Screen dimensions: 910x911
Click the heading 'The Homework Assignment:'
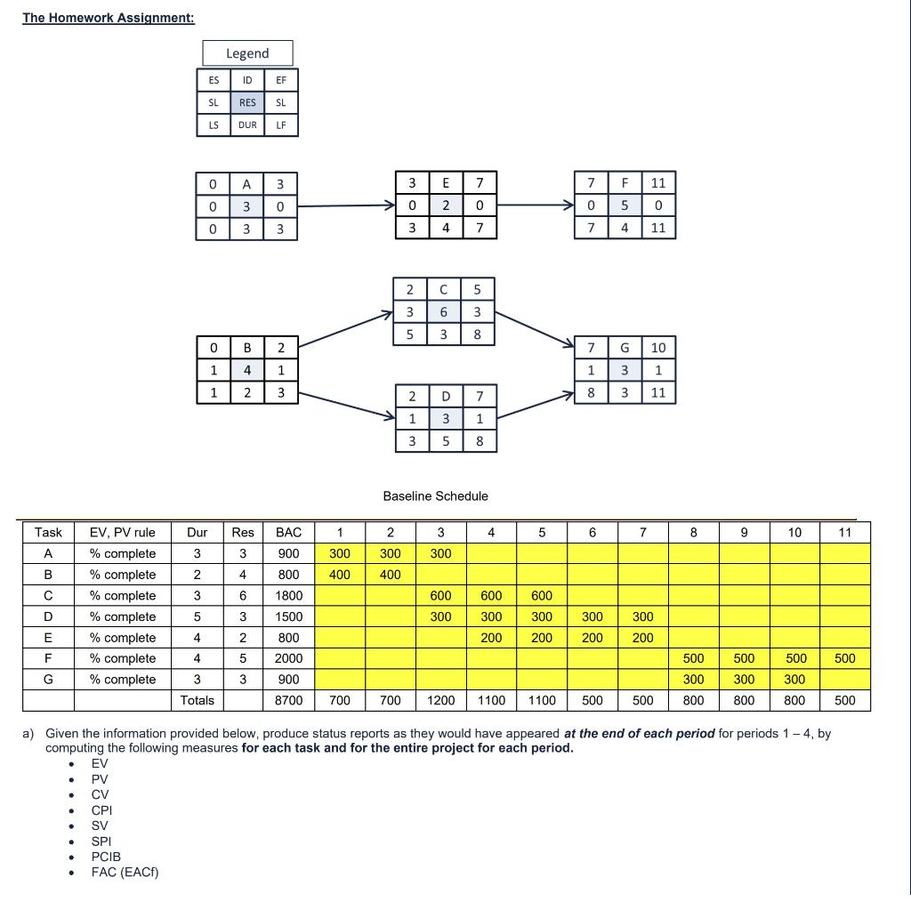point(109,18)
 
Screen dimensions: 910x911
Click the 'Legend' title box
point(247,53)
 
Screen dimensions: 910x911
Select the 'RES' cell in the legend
point(247,102)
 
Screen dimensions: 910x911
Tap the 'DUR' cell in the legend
point(247,125)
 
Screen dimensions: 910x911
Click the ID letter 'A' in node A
point(246,184)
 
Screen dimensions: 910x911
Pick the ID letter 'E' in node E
point(446,183)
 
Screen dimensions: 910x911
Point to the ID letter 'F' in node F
point(625,183)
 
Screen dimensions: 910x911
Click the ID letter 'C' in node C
point(444,289)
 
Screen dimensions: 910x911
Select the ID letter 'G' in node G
point(625,347)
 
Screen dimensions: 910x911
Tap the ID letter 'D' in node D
point(446,395)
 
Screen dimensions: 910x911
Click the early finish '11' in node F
point(658,183)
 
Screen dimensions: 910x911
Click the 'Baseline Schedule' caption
point(435,496)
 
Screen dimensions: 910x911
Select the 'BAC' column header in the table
point(288,533)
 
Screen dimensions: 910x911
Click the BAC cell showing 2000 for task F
point(288,658)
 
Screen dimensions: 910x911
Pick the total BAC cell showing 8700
point(288,700)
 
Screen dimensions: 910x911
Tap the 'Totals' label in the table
point(198,700)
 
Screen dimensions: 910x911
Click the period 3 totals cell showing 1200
point(440,700)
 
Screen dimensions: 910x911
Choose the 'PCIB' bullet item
point(106,857)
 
